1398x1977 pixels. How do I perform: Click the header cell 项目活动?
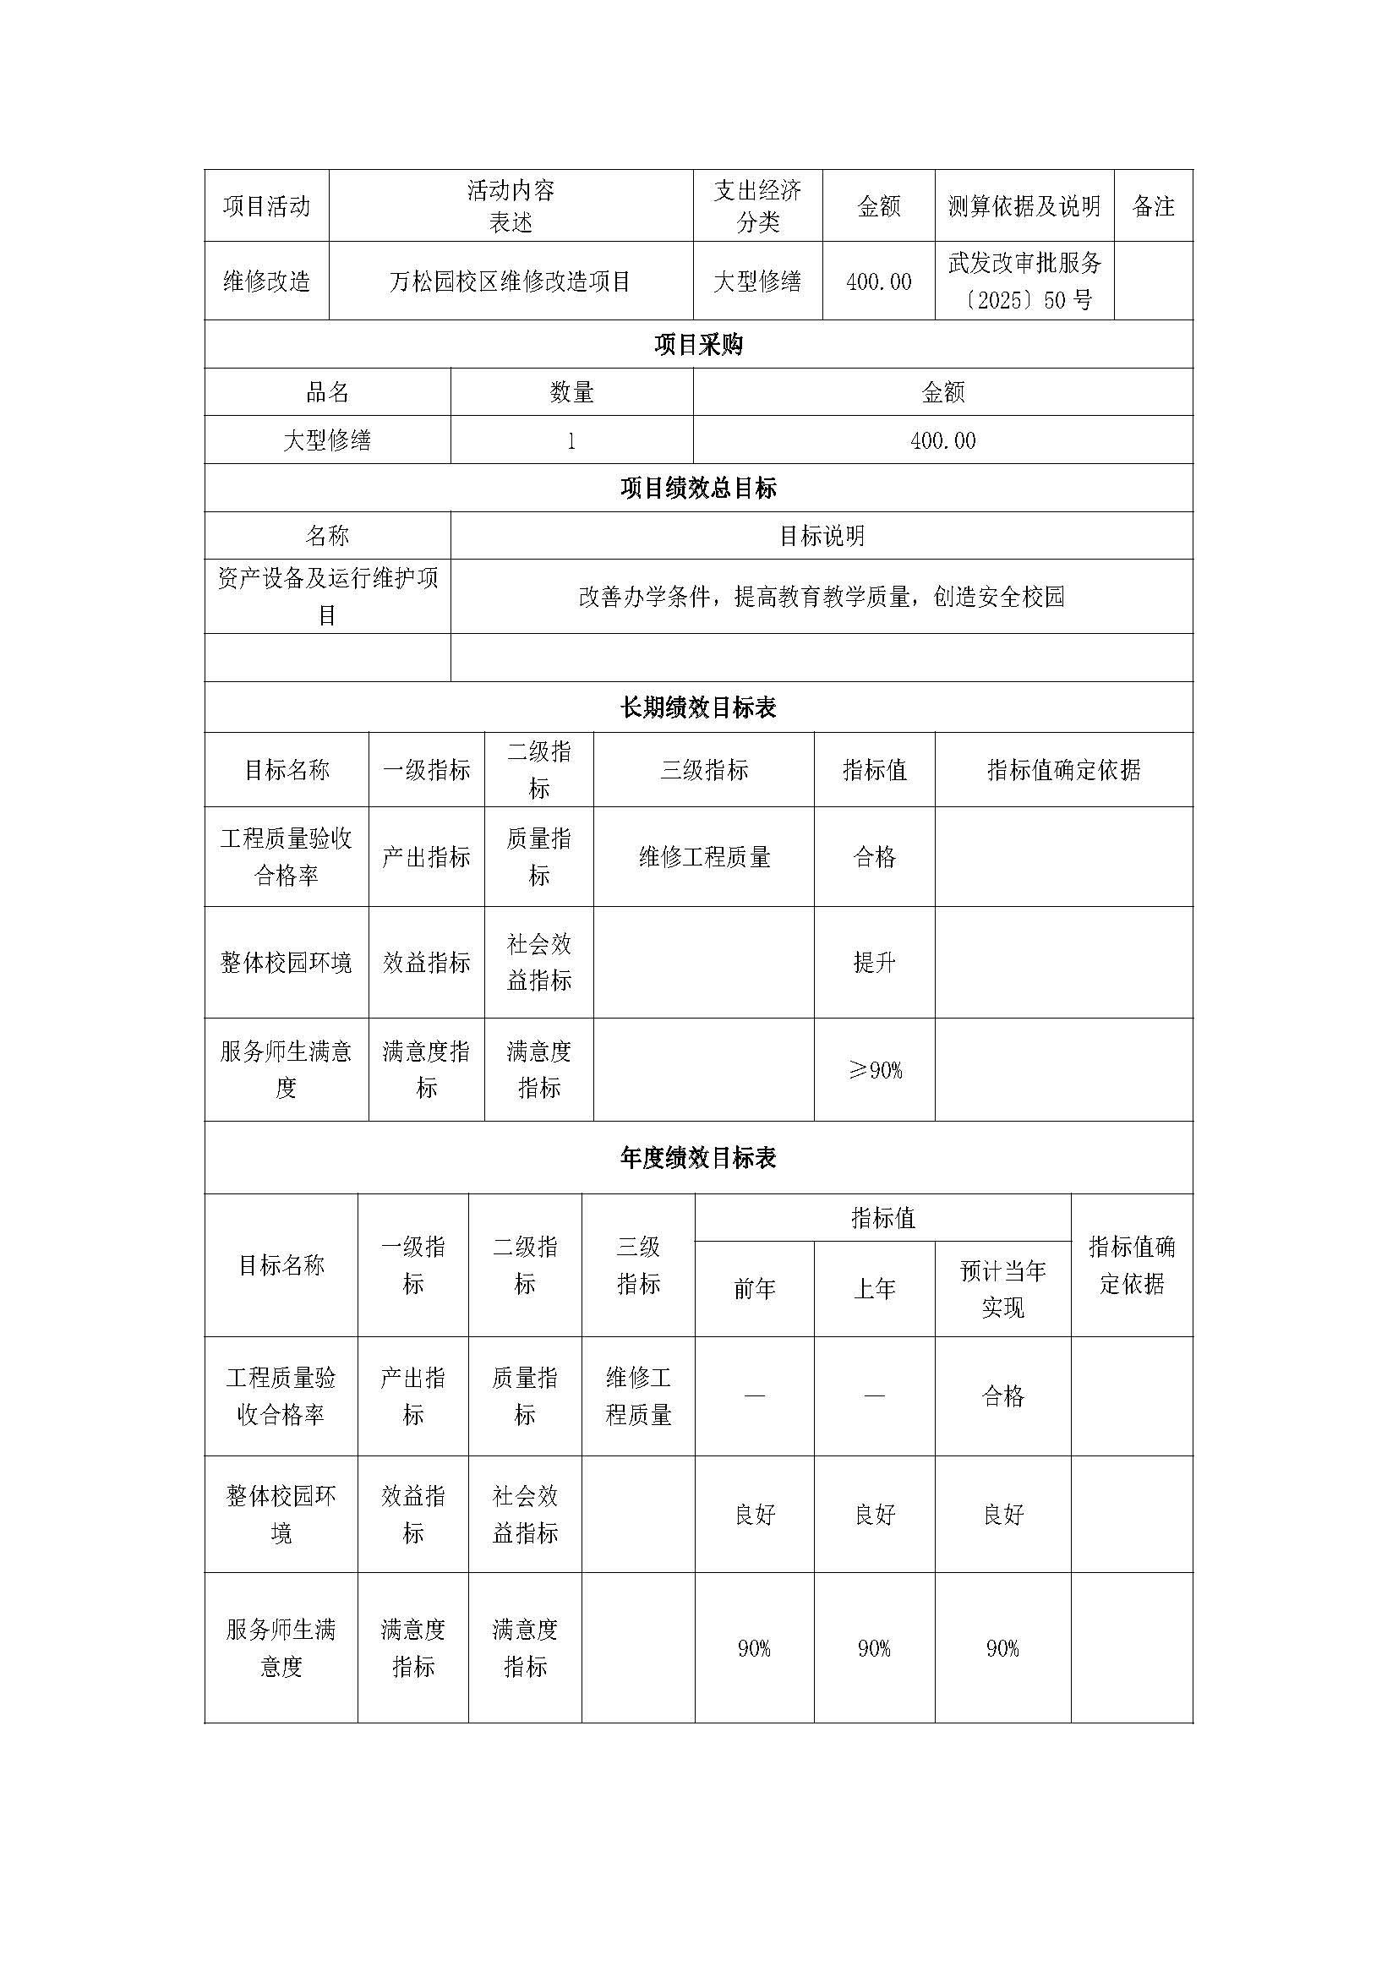pyautogui.click(x=266, y=205)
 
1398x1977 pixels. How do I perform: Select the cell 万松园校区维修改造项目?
pyautogui.click(x=511, y=281)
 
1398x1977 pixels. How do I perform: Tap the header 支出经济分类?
pyautogui.click(x=757, y=205)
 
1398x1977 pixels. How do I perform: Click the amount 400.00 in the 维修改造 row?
pyautogui.click(x=878, y=281)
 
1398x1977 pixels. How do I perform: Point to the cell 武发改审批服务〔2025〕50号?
pyautogui.click(x=1024, y=281)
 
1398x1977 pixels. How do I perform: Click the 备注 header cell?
pyautogui.click(x=1153, y=205)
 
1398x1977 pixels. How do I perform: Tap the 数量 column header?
pyautogui.click(x=571, y=393)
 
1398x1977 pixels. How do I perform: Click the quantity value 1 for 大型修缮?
pyautogui.click(x=571, y=441)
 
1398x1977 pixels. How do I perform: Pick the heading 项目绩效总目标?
pyautogui.click(x=698, y=489)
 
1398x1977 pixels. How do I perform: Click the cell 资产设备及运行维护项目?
pyautogui.click(x=327, y=596)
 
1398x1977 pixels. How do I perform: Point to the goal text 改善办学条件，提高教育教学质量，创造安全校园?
pyautogui.click(x=822, y=596)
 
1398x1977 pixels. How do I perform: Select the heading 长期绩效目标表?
pyautogui.click(x=698, y=707)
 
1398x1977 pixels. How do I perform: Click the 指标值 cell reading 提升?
pyautogui.click(x=874, y=962)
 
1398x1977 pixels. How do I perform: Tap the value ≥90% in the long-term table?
pyautogui.click(x=875, y=1070)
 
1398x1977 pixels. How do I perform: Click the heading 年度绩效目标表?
pyautogui.click(x=698, y=1158)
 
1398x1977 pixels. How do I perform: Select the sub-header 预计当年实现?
pyautogui.click(x=1003, y=1289)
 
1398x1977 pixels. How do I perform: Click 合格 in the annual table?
pyautogui.click(x=1003, y=1395)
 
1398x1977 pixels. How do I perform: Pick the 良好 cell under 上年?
pyautogui.click(x=875, y=1515)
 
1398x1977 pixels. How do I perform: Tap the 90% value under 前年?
pyautogui.click(x=754, y=1648)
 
